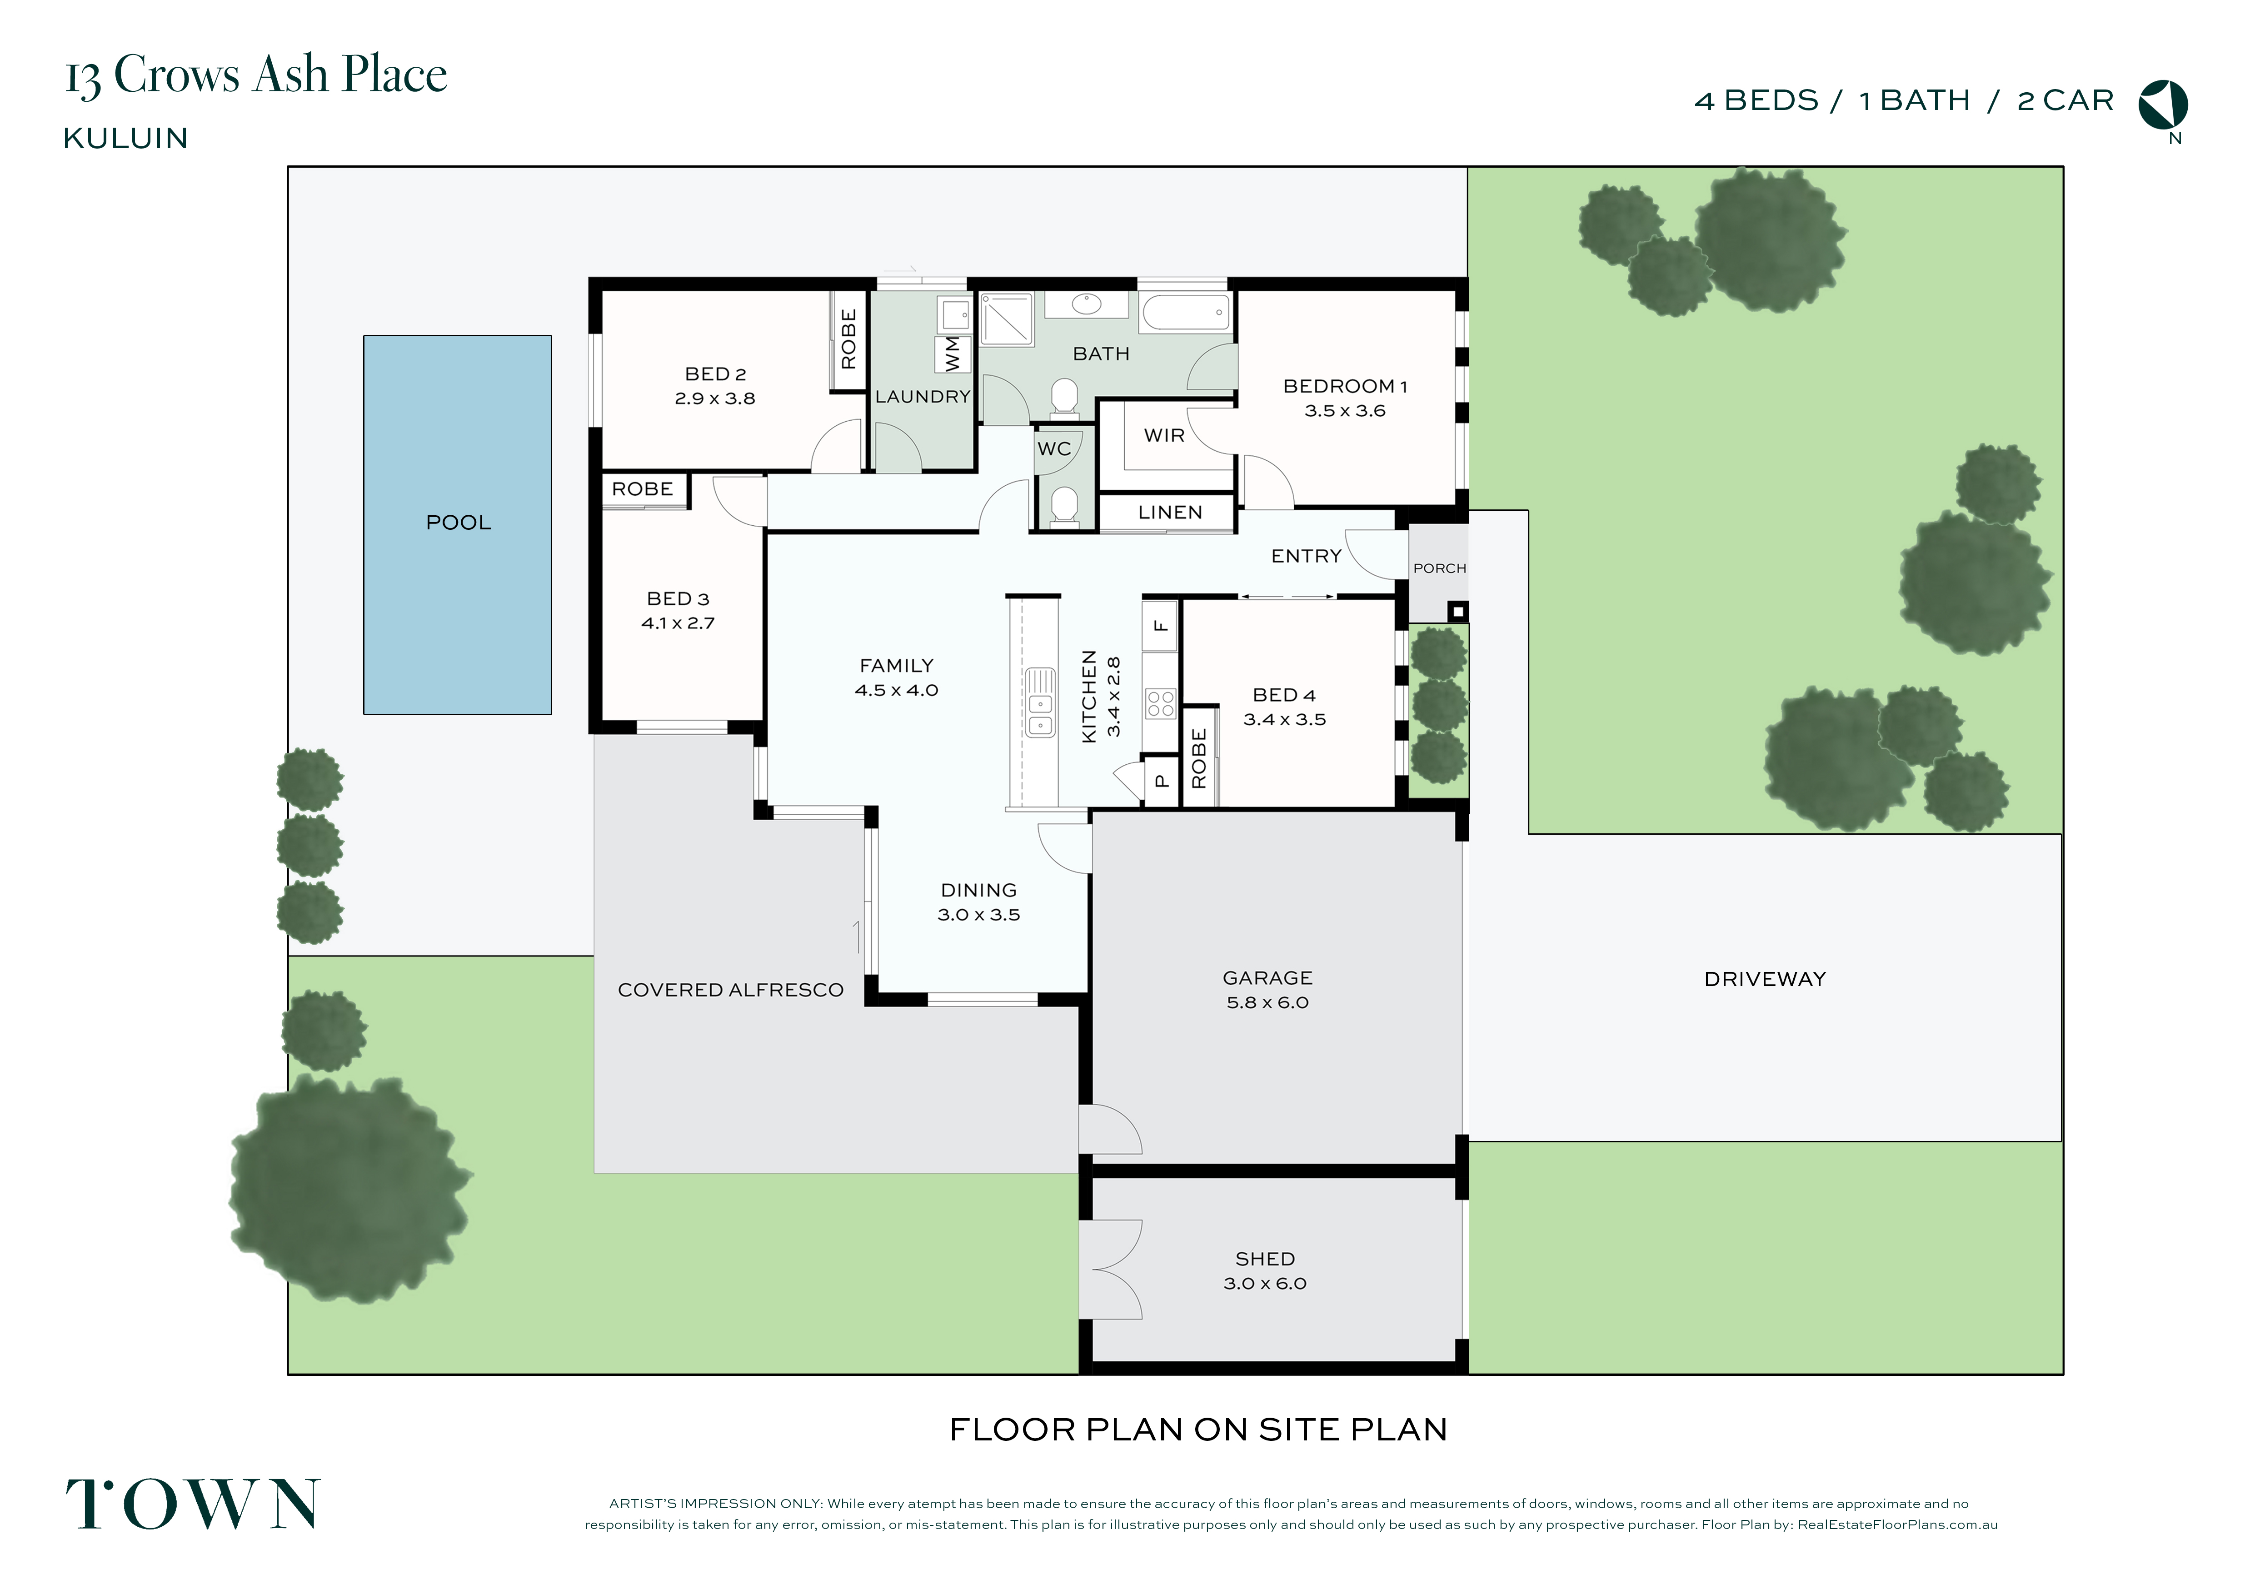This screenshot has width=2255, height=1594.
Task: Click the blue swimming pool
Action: [458, 524]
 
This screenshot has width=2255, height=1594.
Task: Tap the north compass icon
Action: [2164, 105]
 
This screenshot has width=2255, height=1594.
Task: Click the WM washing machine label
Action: [952, 354]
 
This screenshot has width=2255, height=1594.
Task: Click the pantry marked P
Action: [1161, 782]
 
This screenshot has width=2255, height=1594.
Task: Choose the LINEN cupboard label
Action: [1170, 513]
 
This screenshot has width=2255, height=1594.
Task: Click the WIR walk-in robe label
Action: [1164, 435]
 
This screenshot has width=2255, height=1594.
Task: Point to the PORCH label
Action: [1439, 568]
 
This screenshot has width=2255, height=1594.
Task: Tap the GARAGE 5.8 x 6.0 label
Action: [1267, 990]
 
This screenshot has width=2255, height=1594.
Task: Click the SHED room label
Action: [1265, 1259]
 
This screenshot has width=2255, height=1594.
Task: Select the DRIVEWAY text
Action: [1765, 979]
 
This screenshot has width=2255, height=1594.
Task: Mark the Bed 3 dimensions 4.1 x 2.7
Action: [678, 623]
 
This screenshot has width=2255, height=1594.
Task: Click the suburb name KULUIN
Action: [126, 139]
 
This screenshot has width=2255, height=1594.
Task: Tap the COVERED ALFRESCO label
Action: [731, 990]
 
